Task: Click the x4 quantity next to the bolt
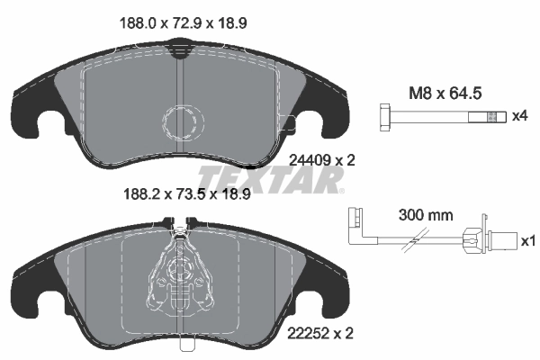coord(518,117)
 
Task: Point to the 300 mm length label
coord(424,216)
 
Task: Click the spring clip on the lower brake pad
coord(184,270)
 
